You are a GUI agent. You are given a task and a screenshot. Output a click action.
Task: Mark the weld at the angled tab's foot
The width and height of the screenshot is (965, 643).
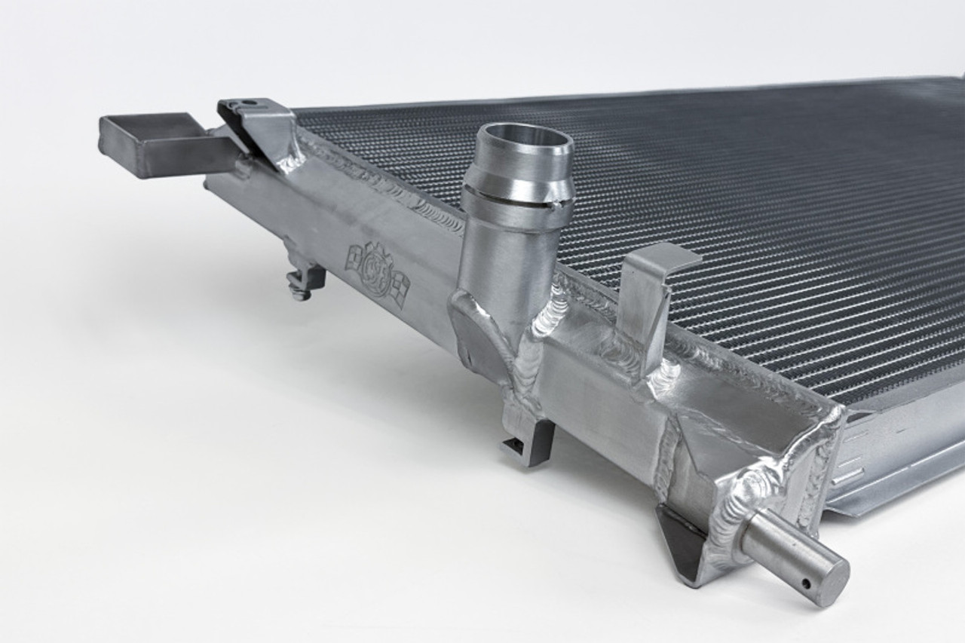coord(290,162)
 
